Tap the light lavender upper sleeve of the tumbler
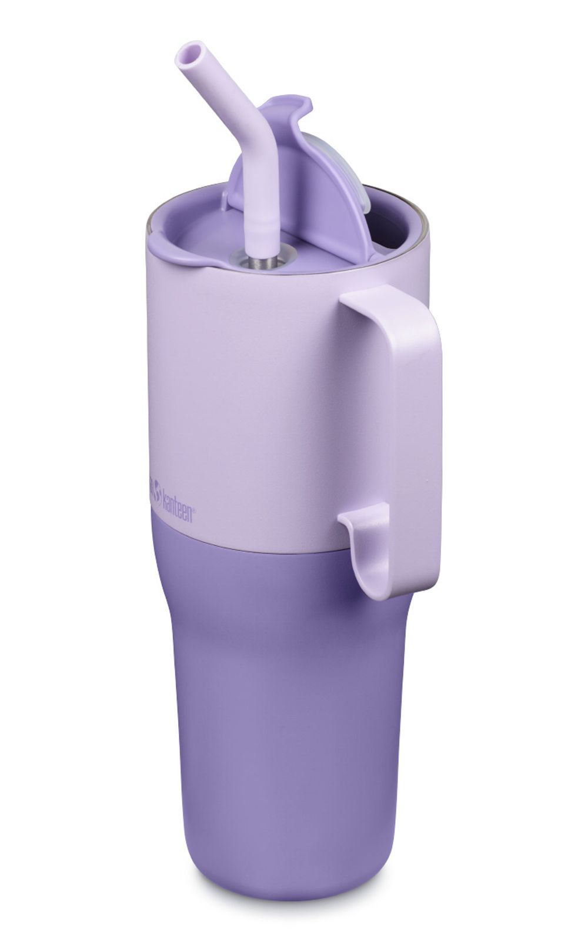tap(247, 382)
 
